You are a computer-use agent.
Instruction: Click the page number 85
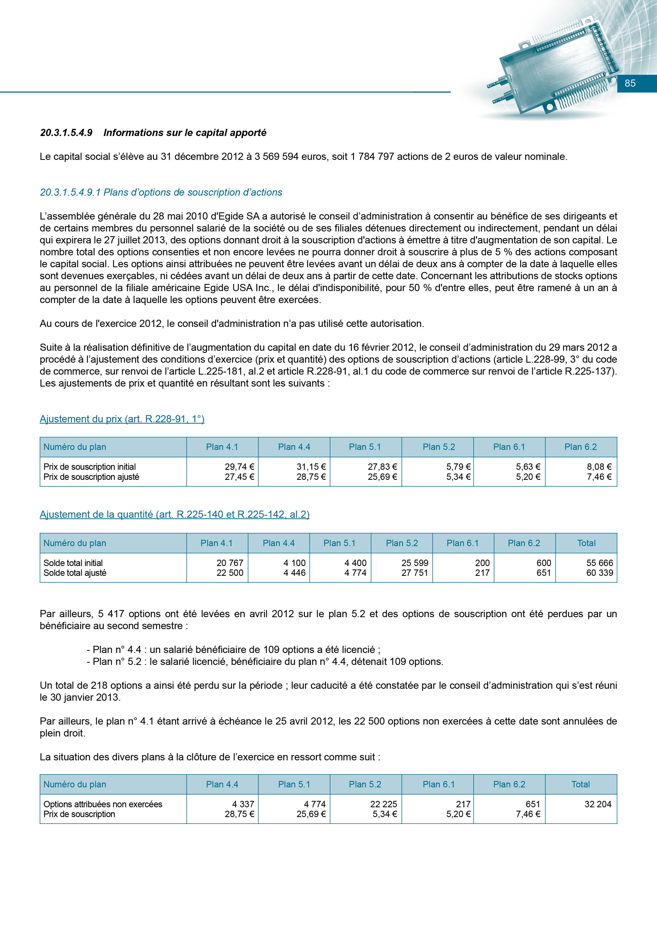click(x=630, y=84)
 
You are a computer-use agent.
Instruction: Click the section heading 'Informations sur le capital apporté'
click(x=185, y=133)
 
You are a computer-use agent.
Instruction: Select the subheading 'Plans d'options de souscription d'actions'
click(x=193, y=192)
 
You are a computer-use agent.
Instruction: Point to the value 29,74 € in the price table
click(x=239, y=467)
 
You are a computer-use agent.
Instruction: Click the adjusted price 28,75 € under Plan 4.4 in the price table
click(x=311, y=477)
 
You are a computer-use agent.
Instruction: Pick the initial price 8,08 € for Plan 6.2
click(x=599, y=467)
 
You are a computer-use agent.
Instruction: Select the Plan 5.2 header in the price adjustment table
click(x=438, y=447)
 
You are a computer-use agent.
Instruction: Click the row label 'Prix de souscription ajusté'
click(x=91, y=477)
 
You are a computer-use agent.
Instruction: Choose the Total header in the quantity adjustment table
click(x=586, y=543)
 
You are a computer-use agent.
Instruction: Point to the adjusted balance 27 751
click(x=415, y=573)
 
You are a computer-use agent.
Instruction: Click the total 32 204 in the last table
click(x=598, y=804)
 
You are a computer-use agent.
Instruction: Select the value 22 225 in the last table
click(x=383, y=804)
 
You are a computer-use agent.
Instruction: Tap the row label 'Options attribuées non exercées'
click(x=103, y=804)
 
